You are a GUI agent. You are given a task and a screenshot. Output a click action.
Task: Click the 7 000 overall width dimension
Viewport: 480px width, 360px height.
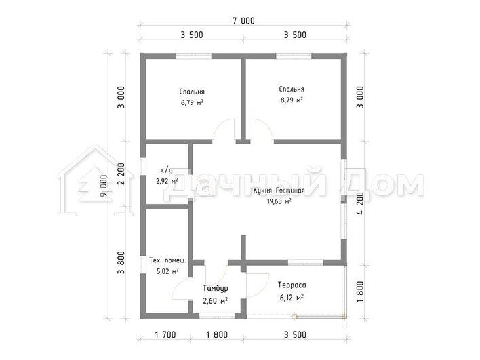coord(243,21)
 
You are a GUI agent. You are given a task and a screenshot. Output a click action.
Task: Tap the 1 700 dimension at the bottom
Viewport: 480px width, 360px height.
coord(165,335)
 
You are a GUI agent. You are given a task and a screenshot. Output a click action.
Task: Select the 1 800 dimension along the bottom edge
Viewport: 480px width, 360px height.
coord(217,335)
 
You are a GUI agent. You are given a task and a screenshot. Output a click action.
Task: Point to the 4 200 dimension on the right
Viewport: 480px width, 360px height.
coord(361,203)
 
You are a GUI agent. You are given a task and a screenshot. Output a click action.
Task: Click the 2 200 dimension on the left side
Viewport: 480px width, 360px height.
coord(121,174)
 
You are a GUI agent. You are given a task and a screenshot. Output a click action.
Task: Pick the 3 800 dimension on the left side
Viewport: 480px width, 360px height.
coord(121,262)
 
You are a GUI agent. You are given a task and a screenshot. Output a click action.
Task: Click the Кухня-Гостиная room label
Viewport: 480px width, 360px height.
coord(279,191)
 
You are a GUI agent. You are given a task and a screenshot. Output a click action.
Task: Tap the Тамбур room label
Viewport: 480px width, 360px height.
coord(215,288)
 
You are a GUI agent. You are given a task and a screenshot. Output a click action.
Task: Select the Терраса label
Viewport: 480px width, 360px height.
coord(292,285)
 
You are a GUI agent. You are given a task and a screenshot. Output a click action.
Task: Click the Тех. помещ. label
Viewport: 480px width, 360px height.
coord(167,260)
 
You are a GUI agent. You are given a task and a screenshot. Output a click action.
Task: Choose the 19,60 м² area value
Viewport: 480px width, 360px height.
coord(279,201)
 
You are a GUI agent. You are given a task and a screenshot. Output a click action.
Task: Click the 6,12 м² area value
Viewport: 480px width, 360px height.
coord(292,298)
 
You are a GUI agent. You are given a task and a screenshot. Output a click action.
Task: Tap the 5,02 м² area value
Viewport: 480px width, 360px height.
coord(167,271)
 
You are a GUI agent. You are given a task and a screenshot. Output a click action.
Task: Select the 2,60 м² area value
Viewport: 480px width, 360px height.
coord(215,301)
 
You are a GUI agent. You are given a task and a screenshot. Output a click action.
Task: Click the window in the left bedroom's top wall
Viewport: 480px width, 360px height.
coord(194,56)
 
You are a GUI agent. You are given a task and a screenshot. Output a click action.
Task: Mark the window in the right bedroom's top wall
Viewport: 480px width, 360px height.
coord(294,56)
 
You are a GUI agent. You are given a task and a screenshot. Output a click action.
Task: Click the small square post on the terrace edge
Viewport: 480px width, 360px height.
coord(294,316)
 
